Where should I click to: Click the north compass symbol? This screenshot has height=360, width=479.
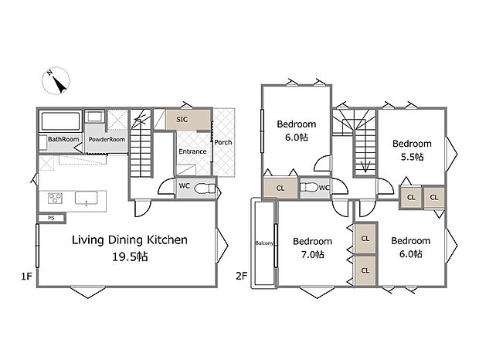point(56,80)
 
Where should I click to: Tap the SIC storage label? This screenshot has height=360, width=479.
point(182,120)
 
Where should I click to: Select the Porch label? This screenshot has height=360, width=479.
point(223,142)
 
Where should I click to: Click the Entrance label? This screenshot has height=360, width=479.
point(192,151)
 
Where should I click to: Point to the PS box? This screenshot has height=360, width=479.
point(51,219)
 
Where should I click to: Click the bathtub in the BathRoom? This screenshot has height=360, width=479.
point(60,121)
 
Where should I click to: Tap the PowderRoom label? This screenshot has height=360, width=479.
point(107,140)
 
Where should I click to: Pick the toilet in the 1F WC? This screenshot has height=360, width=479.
point(205,188)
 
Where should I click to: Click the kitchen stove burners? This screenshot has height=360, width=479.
point(56,199)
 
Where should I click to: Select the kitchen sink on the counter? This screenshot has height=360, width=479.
point(87,198)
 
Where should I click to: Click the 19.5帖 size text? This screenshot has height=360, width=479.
point(130,256)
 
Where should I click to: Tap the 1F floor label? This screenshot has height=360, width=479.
point(26,277)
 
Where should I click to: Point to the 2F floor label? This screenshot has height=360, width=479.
point(241,277)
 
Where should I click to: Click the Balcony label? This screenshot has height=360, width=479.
point(264,243)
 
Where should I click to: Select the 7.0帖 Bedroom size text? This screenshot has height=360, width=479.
point(313,254)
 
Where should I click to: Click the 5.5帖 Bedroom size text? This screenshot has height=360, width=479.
point(412,157)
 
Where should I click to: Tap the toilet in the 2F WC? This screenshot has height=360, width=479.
point(309,188)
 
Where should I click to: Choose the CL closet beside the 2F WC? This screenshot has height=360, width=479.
point(280,188)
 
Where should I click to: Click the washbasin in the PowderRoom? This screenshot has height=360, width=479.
point(95,117)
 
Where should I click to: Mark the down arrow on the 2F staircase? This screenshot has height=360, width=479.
point(365,166)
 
